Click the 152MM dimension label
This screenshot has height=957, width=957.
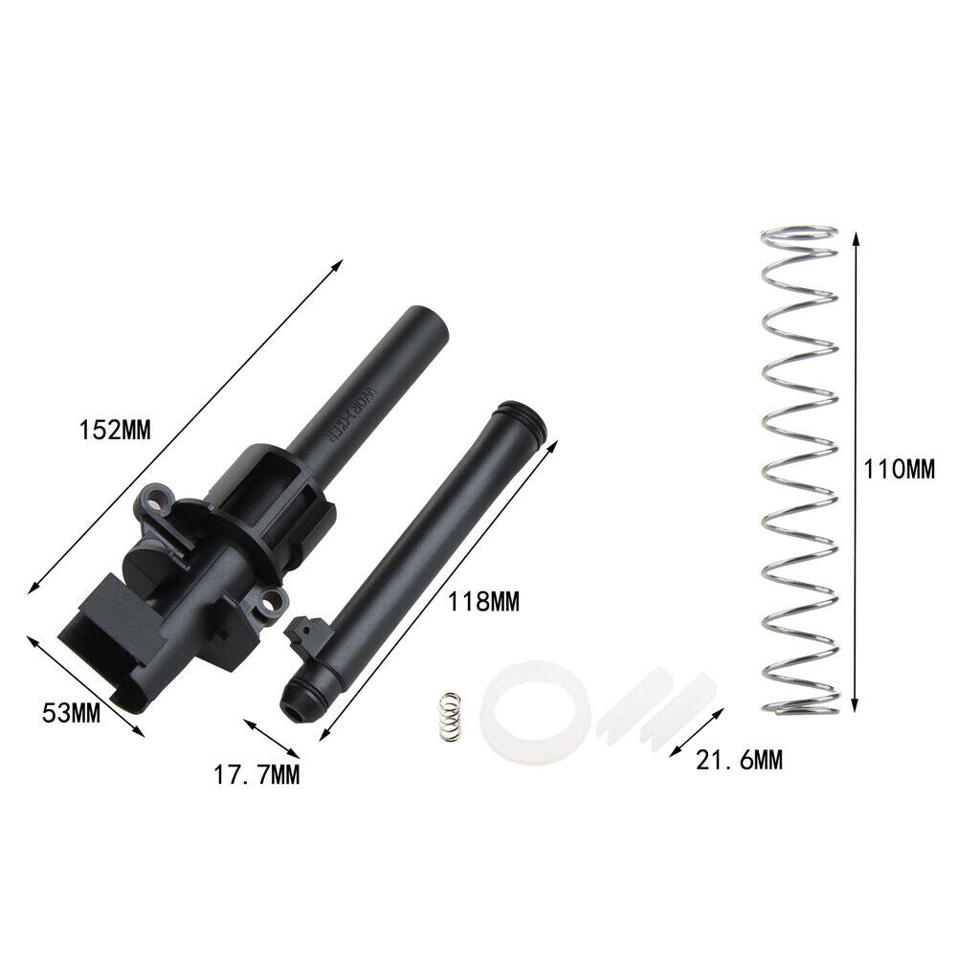[x=115, y=431]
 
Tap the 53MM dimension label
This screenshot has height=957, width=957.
[x=72, y=713]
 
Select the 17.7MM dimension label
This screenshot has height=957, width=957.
[x=256, y=774]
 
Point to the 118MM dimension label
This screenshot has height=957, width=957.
[x=484, y=602]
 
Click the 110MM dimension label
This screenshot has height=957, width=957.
[x=899, y=470]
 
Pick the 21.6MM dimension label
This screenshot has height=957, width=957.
[x=739, y=761]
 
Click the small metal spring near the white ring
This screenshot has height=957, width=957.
[x=451, y=717]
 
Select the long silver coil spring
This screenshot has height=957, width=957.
[x=799, y=471]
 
